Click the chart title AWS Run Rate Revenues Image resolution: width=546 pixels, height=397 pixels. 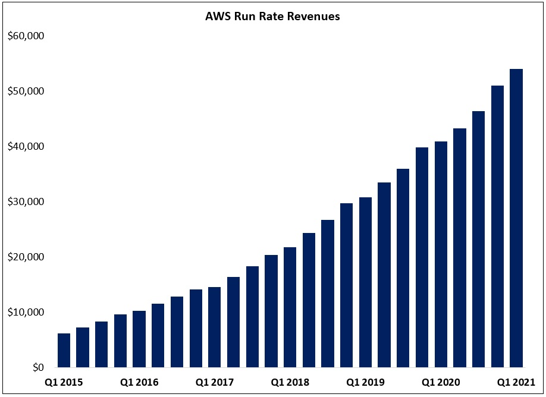[x=272, y=17]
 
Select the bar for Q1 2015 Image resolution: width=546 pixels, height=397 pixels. [x=64, y=351]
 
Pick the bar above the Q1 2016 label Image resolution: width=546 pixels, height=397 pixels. [x=139, y=339]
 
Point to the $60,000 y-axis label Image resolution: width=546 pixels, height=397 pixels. [x=26, y=36]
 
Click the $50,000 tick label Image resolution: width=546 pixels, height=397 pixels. [x=26, y=91]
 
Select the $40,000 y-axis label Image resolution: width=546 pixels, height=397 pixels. [x=26, y=146]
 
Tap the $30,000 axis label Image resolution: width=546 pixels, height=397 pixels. [x=26, y=201]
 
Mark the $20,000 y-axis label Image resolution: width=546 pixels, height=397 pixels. [x=26, y=257]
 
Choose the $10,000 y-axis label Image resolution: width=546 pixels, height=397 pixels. [x=26, y=312]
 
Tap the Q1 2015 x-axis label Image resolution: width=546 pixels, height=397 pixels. [x=64, y=382]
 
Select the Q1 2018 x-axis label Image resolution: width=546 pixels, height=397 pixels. [x=290, y=382]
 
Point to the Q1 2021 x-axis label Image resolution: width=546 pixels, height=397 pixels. [x=516, y=382]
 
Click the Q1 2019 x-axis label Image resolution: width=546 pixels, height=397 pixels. [x=366, y=382]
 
